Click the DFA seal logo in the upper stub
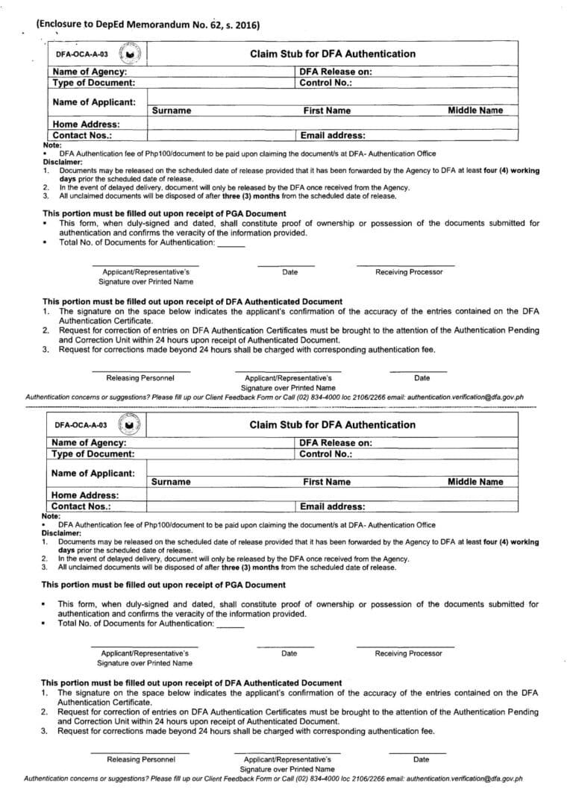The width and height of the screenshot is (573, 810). [x=131, y=54]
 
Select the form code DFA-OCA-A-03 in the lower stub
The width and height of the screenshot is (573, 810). [x=81, y=425]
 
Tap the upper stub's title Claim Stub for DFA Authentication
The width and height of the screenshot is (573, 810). [x=332, y=54]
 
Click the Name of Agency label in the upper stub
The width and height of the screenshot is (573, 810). [x=89, y=72]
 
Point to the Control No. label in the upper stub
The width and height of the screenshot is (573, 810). [x=325, y=83]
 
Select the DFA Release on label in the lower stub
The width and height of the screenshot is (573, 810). [x=335, y=442]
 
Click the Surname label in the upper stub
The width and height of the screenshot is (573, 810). [x=171, y=110]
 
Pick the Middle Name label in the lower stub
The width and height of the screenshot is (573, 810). [x=475, y=481]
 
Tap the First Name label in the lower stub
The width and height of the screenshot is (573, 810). [x=326, y=482]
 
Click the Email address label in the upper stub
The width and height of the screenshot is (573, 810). [x=332, y=136]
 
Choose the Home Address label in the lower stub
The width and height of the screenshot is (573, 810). [x=85, y=495]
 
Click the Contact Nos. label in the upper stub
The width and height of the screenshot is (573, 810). [x=82, y=136]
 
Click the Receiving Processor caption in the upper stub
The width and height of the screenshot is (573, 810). [x=408, y=272]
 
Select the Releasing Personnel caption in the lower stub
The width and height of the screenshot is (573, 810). [x=141, y=759]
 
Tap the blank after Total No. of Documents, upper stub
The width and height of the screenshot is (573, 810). [x=231, y=243]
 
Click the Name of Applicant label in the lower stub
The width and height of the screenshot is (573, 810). [x=93, y=473]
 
